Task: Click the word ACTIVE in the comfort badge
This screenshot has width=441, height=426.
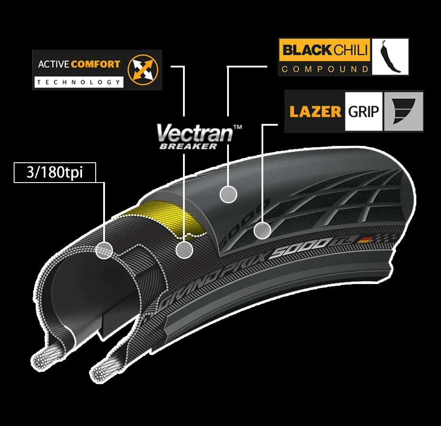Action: pyautogui.click(x=53, y=64)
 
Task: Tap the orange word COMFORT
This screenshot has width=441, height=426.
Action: pyautogui.click(x=95, y=64)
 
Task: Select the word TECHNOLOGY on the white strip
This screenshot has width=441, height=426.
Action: pyautogui.click(x=78, y=82)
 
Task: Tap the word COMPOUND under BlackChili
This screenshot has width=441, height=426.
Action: pyautogui.click(x=325, y=69)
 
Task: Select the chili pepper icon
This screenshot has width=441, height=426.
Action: pyautogui.click(x=390, y=56)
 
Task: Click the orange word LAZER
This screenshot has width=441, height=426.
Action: pyautogui.click(x=315, y=111)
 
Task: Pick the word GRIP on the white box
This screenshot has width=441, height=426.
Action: pyautogui.click(x=364, y=111)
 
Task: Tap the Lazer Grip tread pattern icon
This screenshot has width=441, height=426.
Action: pyautogui.click(x=403, y=111)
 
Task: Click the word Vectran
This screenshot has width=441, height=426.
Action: pyautogui.click(x=194, y=133)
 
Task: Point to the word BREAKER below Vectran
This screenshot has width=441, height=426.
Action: pyautogui.click(x=188, y=146)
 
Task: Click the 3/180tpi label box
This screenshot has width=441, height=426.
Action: pyautogui.click(x=55, y=172)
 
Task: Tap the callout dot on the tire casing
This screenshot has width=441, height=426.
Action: pyautogui.click(x=105, y=250)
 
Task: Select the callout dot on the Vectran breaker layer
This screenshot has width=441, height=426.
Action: pyautogui.click(x=184, y=250)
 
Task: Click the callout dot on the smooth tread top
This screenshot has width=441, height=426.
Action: pyautogui.click(x=228, y=194)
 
